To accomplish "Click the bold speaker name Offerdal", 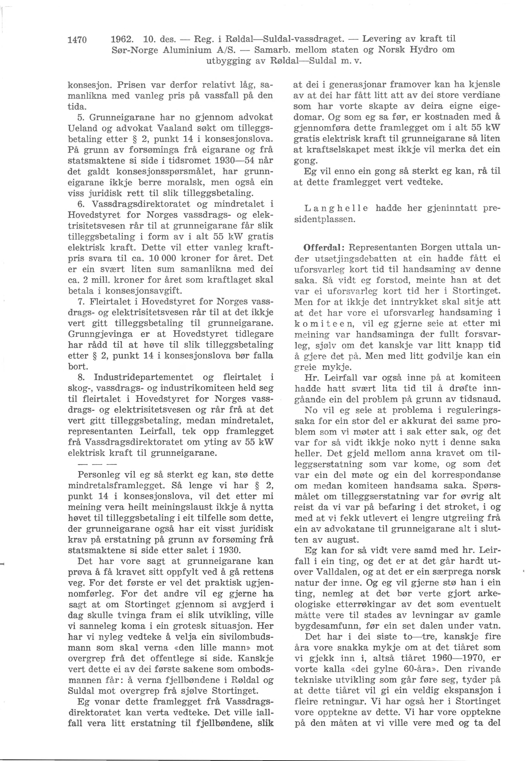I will (320, 247).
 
